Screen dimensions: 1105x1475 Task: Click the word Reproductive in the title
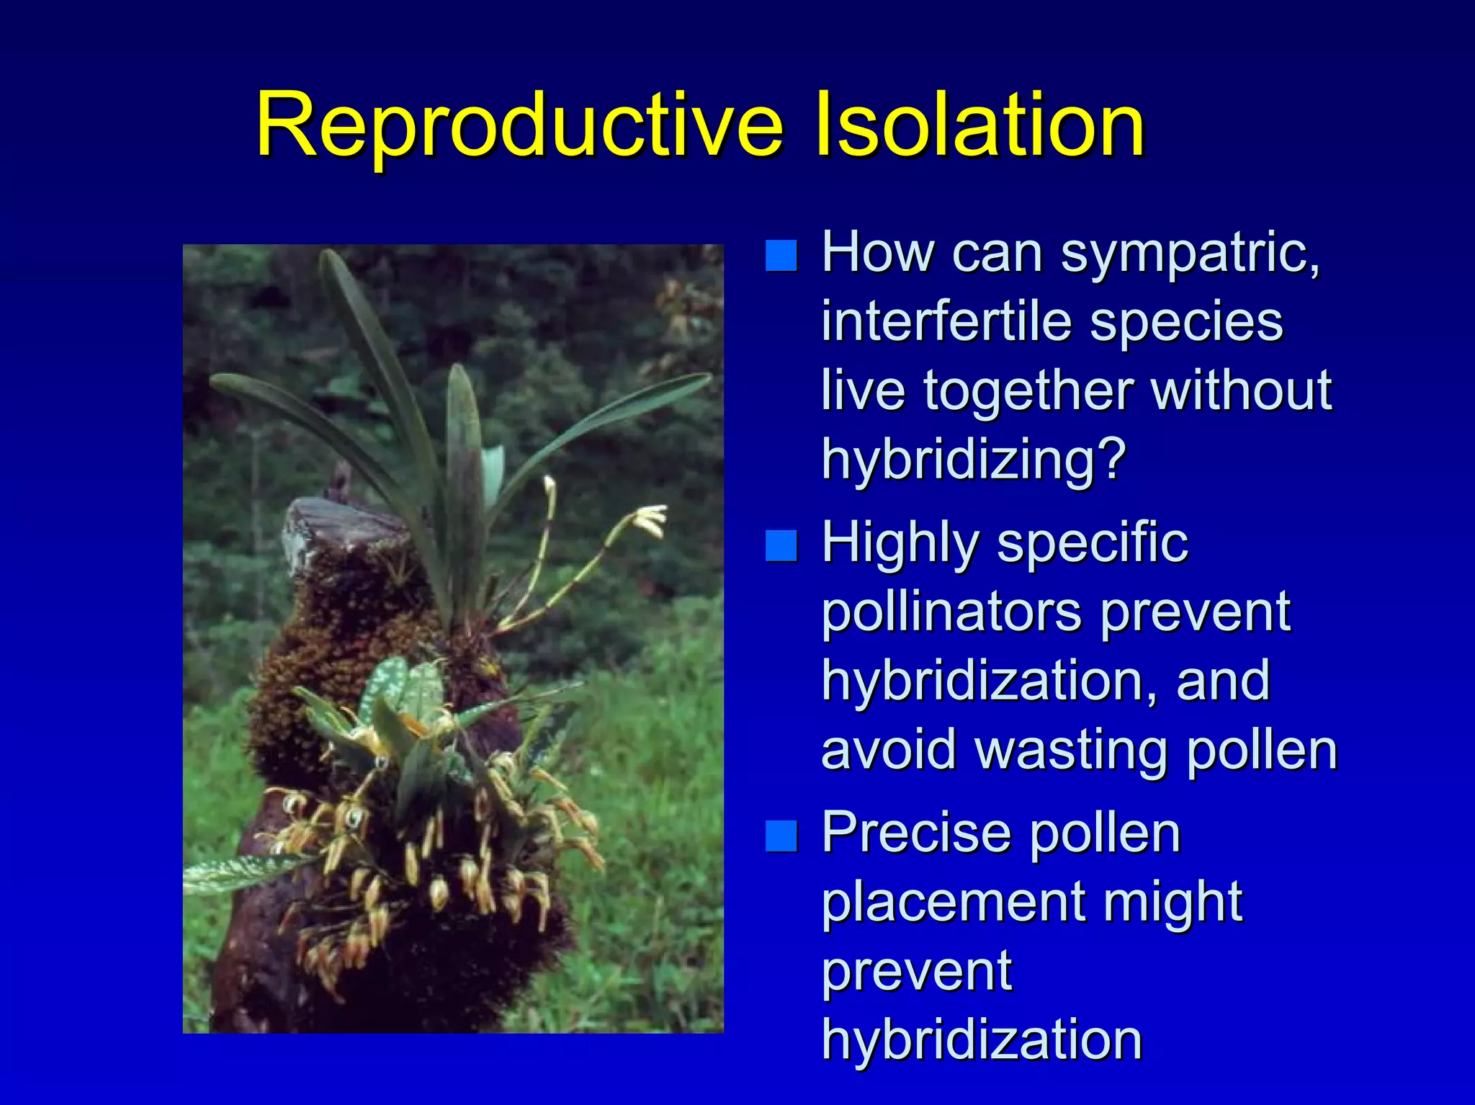(519, 126)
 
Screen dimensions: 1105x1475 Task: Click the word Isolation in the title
(979, 126)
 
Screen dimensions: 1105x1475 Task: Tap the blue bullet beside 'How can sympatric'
(781, 255)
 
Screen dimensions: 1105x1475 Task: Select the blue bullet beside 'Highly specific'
(781, 545)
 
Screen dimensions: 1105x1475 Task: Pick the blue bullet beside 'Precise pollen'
(781, 836)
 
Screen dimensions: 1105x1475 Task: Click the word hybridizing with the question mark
(972, 461)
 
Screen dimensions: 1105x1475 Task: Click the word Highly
(900, 545)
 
